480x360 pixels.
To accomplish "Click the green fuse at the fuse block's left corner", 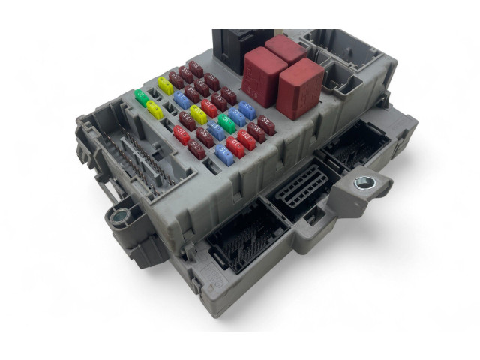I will tap(140, 97).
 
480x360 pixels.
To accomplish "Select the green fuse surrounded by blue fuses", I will tap(227, 123).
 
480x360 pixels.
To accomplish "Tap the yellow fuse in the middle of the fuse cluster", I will tap(199, 114).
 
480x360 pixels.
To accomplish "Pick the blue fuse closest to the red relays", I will tap(247, 109).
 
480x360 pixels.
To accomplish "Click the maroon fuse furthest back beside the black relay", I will tap(196, 68).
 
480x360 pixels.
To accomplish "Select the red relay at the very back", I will tap(286, 49).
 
